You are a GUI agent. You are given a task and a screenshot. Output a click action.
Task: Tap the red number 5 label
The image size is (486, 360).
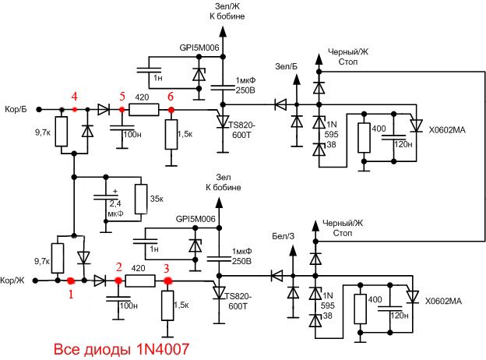coord(122,97)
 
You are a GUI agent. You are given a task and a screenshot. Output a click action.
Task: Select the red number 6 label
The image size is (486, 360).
coord(171,97)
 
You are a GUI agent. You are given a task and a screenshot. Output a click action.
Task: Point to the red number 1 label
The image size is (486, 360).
coord(71,294)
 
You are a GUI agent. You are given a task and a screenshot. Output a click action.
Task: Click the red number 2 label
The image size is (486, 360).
coord(118,267)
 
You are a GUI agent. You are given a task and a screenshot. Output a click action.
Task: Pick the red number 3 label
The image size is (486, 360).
coord(167,268)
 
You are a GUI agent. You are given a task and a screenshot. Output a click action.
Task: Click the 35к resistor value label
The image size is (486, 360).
coord(157,199)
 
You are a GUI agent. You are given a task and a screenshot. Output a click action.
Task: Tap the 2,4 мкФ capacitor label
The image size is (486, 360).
coord(115,208)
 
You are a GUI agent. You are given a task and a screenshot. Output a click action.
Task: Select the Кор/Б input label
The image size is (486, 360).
coord(16,109)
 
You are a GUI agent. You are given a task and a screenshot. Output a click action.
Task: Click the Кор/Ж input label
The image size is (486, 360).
coord(12,281)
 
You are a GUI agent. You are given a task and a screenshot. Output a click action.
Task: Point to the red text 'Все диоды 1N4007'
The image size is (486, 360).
coord(121,349)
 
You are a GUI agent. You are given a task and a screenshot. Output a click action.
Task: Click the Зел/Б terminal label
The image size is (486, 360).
coord(286,66)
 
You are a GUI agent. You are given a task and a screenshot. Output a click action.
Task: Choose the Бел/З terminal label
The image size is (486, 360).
coord(283,236)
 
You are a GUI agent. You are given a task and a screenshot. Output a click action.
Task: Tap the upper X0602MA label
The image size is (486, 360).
coord(447,130)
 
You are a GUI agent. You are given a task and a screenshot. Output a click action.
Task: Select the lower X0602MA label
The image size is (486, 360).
coord(443,301)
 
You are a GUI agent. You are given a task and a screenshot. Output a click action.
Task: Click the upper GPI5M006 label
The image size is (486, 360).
coord(199,48)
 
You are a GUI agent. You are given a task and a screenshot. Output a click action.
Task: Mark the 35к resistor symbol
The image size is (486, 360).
coord(141,199)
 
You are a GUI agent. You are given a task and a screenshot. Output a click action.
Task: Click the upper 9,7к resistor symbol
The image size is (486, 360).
coord(62,132)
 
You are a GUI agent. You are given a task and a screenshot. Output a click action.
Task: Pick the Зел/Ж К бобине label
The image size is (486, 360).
coord(227,11)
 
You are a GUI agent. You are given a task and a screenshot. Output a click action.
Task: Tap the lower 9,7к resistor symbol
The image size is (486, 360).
coord(58,258)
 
